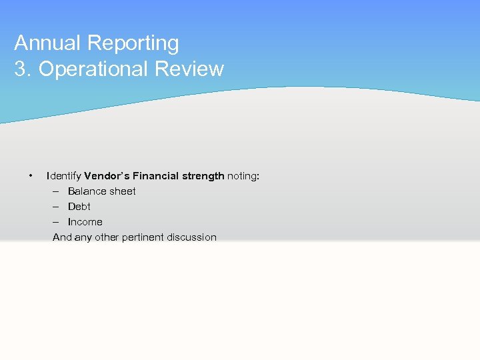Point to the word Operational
pyautogui.click(x=97, y=69)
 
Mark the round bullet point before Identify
pyautogui.click(x=31, y=176)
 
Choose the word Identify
pyautogui.click(x=64, y=176)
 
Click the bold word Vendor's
pyautogui.click(x=107, y=176)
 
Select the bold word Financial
pyautogui.click(x=155, y=176)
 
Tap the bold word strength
pyautogui.click(x=203, y=176)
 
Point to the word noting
pyautogui.click(x=243, y=176)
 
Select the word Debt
pyautogui.click(x=79, y=207)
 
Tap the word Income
pyautogui.click(x=85, y=222)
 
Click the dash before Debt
pyautogui.click(x=57, y=207)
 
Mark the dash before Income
pyautogui.click(x=57, y=222)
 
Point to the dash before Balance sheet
pyautogui.click(x=57, y=191)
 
